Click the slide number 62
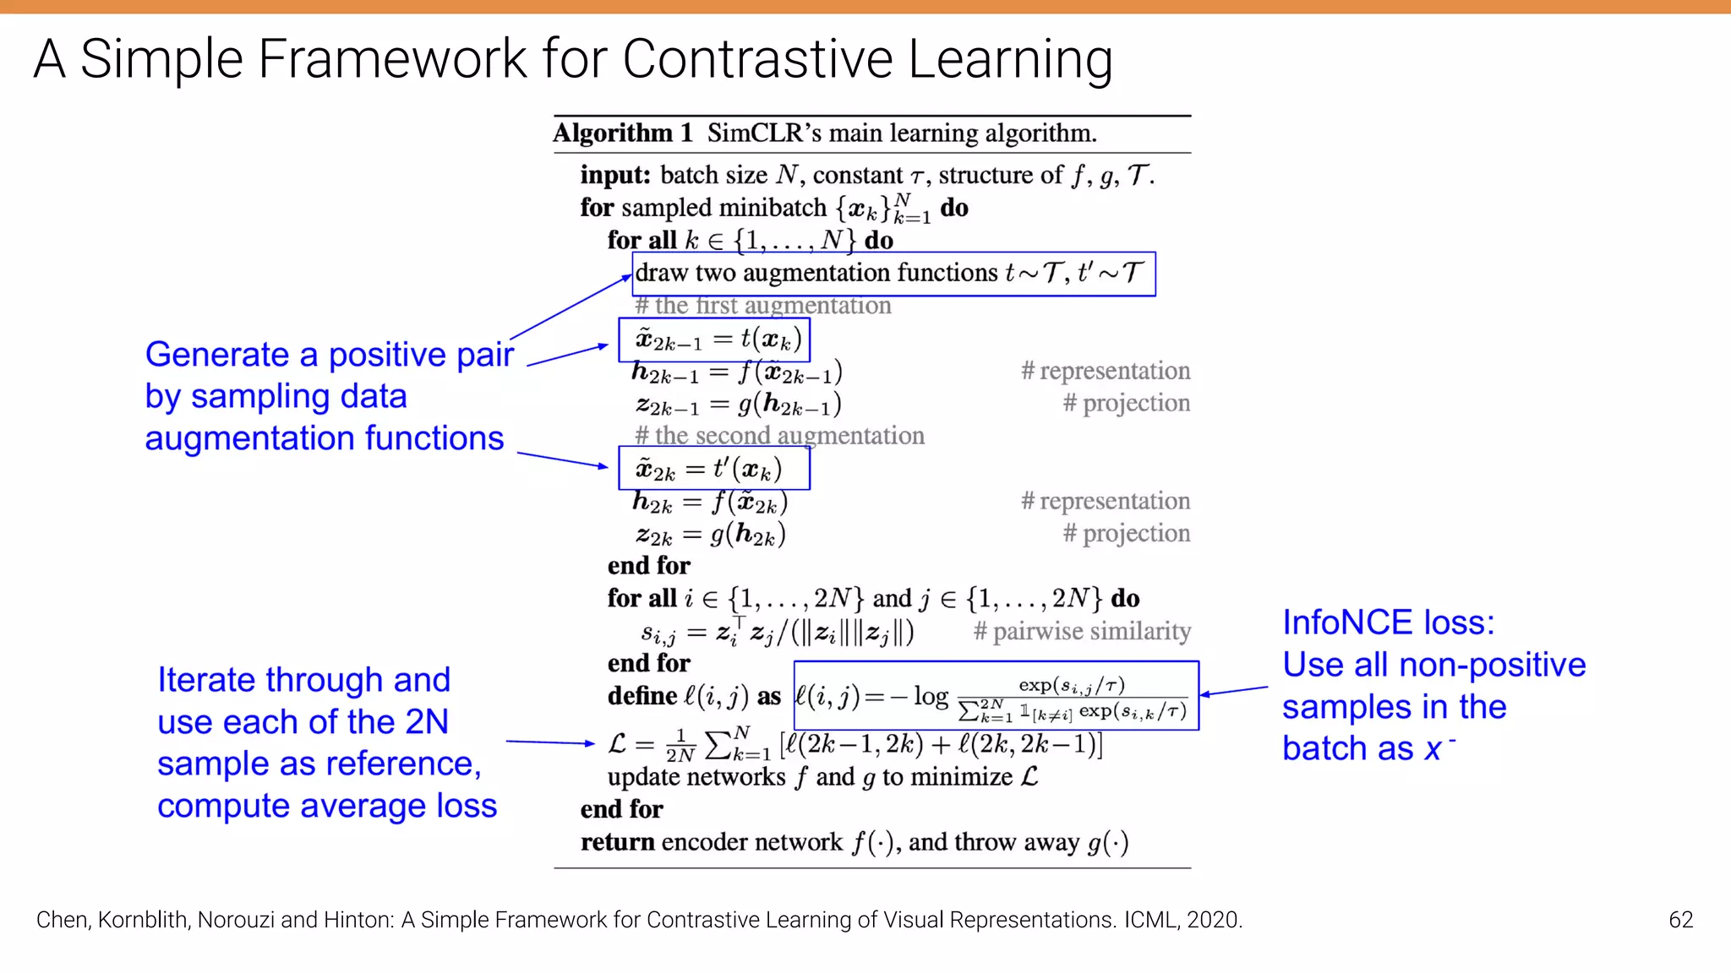coord(1680,920)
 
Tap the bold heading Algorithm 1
coord(623,133)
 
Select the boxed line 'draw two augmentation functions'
coord(893,274)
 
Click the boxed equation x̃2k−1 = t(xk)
coord(714,340)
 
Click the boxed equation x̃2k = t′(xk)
coord(713,470)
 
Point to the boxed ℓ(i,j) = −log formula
coord(996,696)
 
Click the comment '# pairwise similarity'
coord(1082,632)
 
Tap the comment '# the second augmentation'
coord(779,436)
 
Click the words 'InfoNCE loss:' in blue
coord(1388,623)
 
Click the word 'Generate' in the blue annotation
coord(216,355)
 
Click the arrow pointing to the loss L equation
coord(549,742)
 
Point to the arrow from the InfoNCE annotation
coord(1234,691)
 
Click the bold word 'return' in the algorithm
coord(617,842)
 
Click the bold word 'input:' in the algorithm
coord(615,176)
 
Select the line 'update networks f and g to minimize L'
coord(822,777)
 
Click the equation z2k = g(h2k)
coord(711,535)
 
